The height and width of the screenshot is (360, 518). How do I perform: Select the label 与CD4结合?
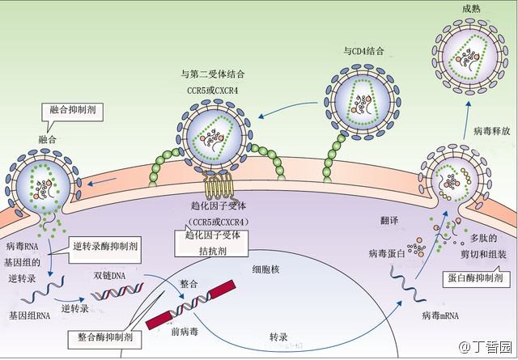363,51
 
